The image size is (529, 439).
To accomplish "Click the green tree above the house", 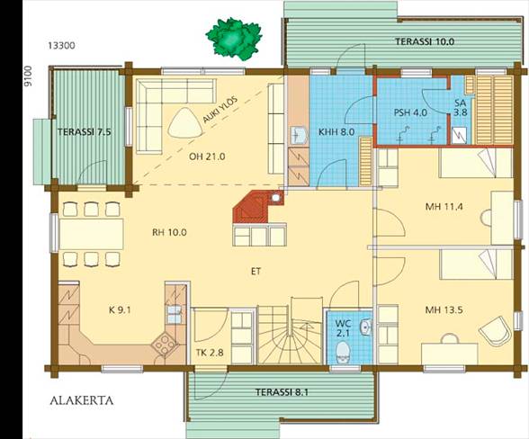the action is (x=234, y=39).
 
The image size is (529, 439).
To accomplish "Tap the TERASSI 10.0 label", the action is (x=425, y=42).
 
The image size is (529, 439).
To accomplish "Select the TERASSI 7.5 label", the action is (x=84, y=132).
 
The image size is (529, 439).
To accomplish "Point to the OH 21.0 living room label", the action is (x=207, y=157).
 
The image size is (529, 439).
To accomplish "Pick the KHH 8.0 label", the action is (x=336, y=132).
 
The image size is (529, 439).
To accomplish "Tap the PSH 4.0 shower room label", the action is (x=410, y=112).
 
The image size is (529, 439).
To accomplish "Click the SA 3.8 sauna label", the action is (x=461, y=108).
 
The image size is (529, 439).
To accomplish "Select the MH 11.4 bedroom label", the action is (x=444, y=207).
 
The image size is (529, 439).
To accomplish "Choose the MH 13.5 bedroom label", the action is (x=444, y=309).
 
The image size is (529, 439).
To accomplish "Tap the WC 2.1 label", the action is (x=343, y=328).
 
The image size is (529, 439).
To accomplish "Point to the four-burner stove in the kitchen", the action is (x=165, y=345).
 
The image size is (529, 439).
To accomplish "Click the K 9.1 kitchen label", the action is (x=120, y=310).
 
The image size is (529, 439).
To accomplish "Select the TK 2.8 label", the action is (x=210, y=353).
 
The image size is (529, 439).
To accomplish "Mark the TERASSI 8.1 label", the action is (x=282, y=392).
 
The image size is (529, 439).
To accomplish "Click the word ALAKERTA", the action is (x=82, y=401).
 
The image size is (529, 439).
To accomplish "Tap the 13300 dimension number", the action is (x=61, y=46).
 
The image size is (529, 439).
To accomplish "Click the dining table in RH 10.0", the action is (x=92, y=234).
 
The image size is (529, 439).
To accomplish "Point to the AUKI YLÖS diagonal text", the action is (x=220, y=111).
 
